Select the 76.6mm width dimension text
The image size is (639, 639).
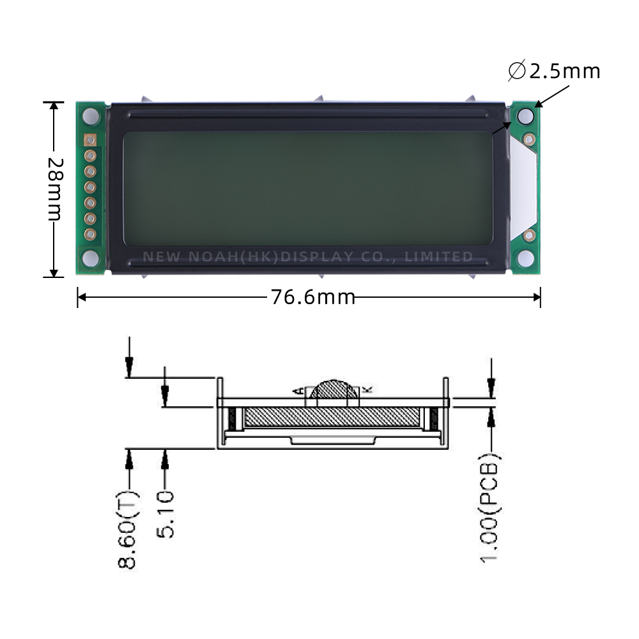point(312,297)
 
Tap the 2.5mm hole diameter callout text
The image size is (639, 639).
point(555,71)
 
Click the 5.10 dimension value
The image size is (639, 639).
point(166,514)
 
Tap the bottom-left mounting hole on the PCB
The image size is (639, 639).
point(90,258)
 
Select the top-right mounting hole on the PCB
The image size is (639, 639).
point(525,116)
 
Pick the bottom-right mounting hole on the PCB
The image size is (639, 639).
point(526,258)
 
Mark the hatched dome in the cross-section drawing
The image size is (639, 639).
point(334,390)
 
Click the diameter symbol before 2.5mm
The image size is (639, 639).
point(517,71)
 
